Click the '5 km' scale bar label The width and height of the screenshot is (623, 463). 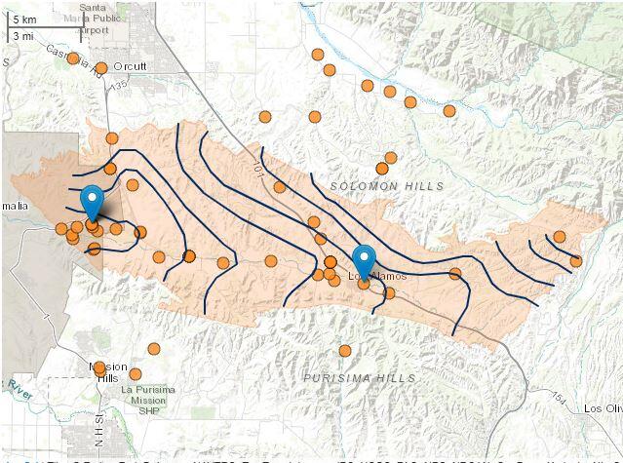[x=24, y=19]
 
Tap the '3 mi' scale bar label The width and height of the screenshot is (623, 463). [x=24, y=35]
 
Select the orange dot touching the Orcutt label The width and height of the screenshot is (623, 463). [x=101, y=67]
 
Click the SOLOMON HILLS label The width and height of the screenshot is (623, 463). [x=386, y=185]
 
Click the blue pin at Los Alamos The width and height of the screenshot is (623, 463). [x=364, y=260]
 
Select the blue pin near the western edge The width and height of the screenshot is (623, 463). [x=93, y=202]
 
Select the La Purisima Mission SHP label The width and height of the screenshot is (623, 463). [x=147, y=398]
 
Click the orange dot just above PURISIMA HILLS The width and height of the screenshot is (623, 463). [x=344, y=351]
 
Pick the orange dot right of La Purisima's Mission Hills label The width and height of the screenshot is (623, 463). [x=136, y=373]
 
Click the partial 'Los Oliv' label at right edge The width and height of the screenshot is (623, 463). [x=602, y=408]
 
